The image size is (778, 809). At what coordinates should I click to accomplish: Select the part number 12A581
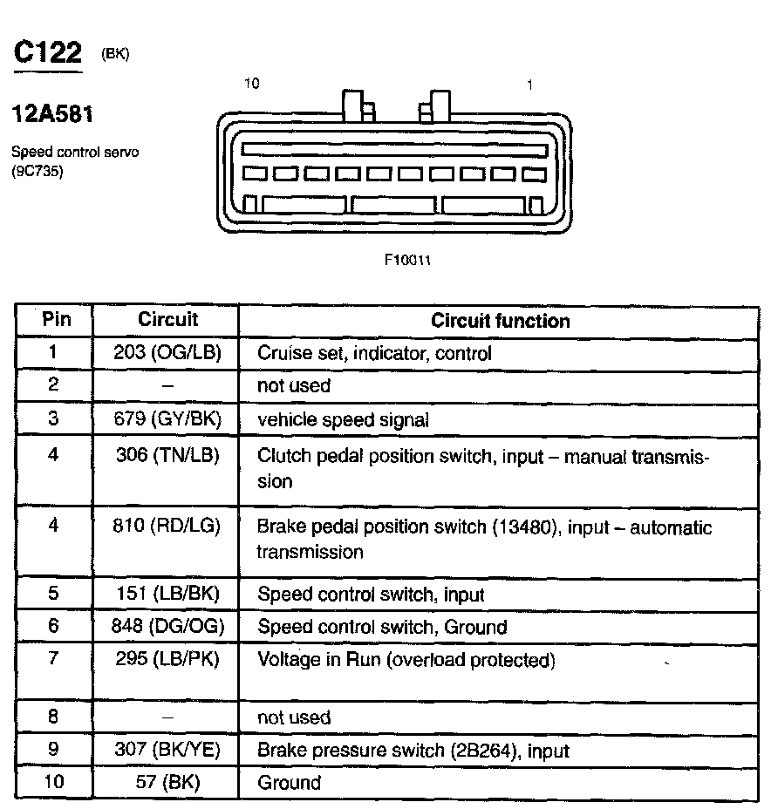pyautogui.click(x=52, y=114)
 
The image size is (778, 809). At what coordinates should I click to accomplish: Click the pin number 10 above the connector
pyautogui.click(x=252, y=84)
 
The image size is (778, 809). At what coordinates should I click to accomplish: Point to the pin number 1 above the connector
pyautogui.click(x=529, y=85)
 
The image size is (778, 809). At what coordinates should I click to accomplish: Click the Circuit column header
pyautogui.click(x=168, y=320)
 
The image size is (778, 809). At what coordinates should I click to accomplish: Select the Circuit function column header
pyautogui.click(x=500, y=321)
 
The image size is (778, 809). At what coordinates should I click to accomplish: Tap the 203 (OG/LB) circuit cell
pyautogui.click(x=168, y=353)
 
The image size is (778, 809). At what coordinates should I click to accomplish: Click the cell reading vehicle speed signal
pyautogui.click(x=343, y=420)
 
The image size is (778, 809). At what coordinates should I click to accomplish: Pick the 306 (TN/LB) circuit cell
pyautogui.click(x=167, y=454)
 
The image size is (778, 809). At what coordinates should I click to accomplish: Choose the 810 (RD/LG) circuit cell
pyautogui.click(x=168, y=526)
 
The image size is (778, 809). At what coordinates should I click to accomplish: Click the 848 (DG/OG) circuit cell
pyautogui.click(x=168, y=627)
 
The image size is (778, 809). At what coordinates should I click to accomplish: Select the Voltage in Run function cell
pyautogui.click(x=406, y=660)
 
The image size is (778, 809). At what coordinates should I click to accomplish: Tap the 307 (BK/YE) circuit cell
pyautogui.click(x=168, y=750)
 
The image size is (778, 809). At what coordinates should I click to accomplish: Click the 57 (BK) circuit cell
pyautogui.click(x=168, y=782)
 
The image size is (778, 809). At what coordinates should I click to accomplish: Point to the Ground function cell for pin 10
pyautogui.click(x=289, y=783)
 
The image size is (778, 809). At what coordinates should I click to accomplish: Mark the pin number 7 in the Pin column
pyautogui.click(x=53, y=658)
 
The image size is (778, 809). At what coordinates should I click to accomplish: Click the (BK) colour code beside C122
pyautogui.click(x=115, y=54)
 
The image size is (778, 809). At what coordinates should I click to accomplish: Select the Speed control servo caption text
pyautogui.click(x=75, y=152)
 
